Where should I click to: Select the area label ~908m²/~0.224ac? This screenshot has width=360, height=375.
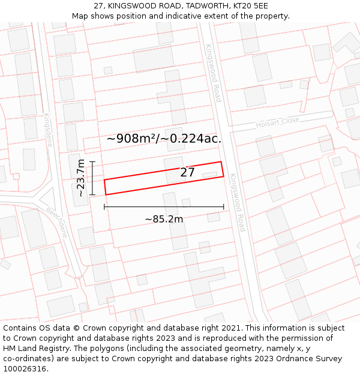pyautogui.click(x=164, y=139)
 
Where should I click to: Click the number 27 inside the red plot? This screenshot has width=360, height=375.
pyautogui.click(x=188, y=172)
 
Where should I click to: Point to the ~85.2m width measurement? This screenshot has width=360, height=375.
pyautogui.click(x=164, y=219)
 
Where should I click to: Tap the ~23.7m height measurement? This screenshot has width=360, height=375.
pyautogui.click(x=81, y=178)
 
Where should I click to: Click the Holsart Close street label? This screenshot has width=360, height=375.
pyautogui.click(x=277, y=122)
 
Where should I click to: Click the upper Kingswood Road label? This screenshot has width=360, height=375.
pyautogui.click(x=214, y=72)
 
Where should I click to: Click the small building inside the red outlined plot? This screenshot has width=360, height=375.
pyautogui.click(x=209, y=175)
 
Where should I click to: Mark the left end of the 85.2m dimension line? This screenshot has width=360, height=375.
pyautogui.click(x=104, y=207)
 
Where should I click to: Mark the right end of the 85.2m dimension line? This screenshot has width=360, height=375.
pyautogui.click(x=224, y=207)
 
